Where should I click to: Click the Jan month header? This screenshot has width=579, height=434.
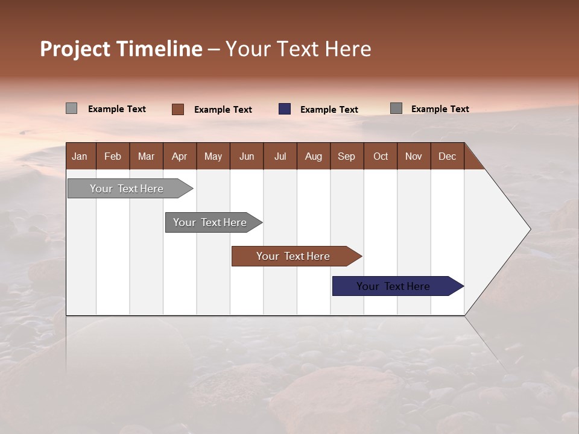coord(80,156)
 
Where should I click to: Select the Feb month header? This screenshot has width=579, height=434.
coord(113,156)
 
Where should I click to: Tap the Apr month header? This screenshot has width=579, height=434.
coord(179,156)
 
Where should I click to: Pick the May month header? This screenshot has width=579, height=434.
coord(213,156)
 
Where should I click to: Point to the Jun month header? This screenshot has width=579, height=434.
coord(247,156)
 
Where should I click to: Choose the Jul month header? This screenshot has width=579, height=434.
coord(280,156)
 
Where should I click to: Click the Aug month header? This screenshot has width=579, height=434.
coord(313,156)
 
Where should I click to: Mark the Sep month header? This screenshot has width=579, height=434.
coord(346,156)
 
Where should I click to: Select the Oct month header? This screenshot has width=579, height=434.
coord(381,156)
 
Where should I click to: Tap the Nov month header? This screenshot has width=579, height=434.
coord(413,156)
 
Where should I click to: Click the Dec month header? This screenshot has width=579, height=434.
coord(447,156)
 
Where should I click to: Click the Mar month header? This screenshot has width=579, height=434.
coord(146,156)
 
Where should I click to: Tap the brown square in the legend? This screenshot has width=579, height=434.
coord(178,109)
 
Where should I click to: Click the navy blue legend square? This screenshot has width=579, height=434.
coord(285,109)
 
